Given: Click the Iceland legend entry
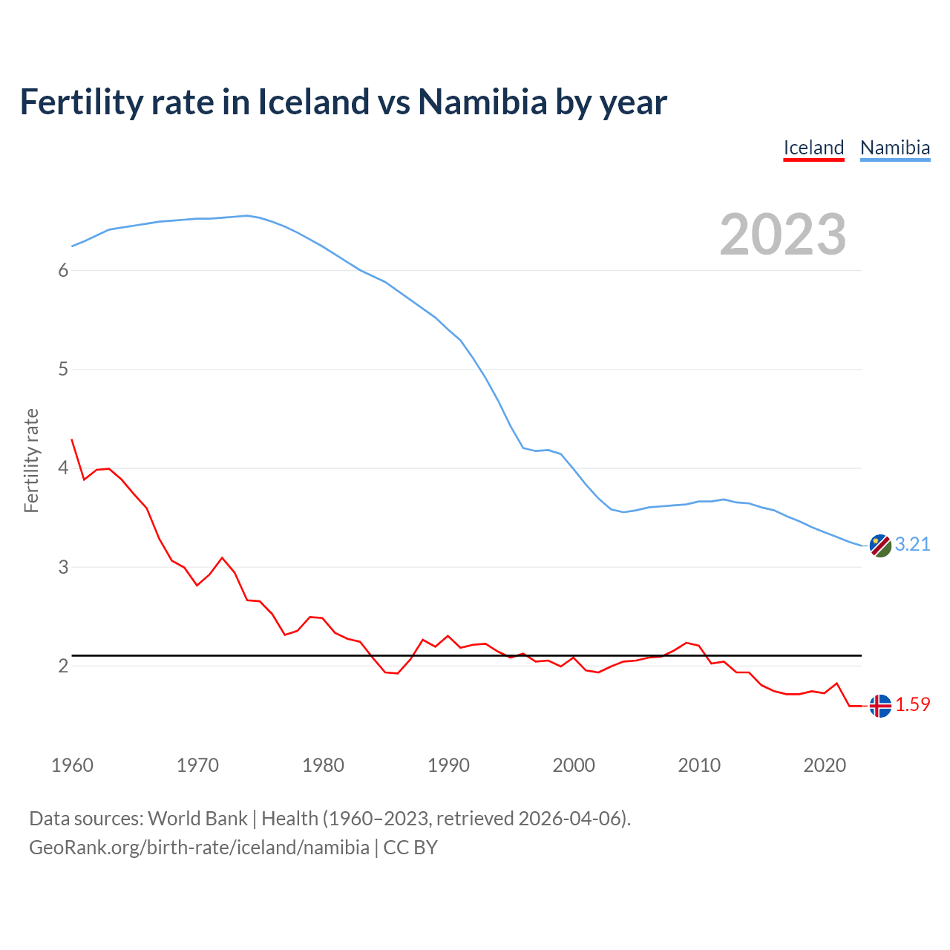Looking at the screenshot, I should (x=813, y=148).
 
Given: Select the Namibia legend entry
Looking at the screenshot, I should (x=894, y=148).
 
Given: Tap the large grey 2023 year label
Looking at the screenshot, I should (x=783, y=235).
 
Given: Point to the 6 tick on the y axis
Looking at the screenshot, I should (x=63, y=270).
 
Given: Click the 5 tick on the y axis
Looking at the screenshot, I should (x=63, y=369).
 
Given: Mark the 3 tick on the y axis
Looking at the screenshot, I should (x=63, y=567).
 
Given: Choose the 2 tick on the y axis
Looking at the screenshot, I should (x=63, y=666).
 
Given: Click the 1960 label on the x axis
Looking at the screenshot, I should (x=72, y=765).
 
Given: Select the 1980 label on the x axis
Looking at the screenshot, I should (x=323, y=765).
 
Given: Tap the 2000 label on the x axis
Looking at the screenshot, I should (x=574, y=765).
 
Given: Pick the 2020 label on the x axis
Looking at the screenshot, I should (x=825, y=765).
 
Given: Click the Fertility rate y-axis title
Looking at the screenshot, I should (x=31, y=460).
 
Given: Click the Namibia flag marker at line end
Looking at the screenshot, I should (x=880, y=546).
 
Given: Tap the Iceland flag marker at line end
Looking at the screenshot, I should (x=880, y=706).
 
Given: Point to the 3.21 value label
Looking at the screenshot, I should (x=912, y=545).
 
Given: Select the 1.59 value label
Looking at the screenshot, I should (x=912, y=705).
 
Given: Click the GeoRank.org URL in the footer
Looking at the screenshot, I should (x=199, y=848).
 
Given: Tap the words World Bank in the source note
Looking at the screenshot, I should (x=197, y=819).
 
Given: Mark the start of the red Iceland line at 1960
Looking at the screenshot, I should (x=72, y=440).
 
